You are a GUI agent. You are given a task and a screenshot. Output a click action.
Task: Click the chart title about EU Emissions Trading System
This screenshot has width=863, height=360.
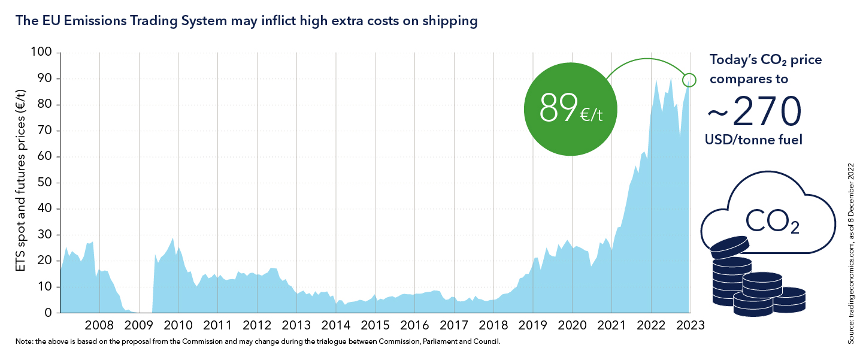(x=246, y=21)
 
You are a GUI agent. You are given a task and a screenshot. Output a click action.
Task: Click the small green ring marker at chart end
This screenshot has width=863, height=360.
(x=689, y=80)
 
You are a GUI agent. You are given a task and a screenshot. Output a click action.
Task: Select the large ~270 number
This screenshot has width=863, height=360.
(x=754, y=111)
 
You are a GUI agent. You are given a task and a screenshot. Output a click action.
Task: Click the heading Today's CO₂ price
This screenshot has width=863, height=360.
(x=765, y=60)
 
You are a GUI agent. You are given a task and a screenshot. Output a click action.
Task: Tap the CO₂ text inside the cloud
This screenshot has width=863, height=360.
(x=772, y=221)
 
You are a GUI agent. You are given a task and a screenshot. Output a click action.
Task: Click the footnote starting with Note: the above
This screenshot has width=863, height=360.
(x=258, y=342)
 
